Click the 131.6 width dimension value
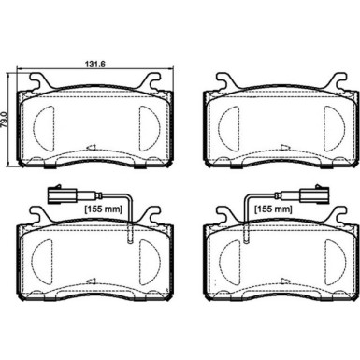click(86, 65)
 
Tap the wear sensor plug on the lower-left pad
click(52, 197)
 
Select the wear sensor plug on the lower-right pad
click(308, 197)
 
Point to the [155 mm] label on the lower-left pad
click(107, 209)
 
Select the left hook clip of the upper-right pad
click(218, 82)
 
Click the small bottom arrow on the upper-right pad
click(277, 148)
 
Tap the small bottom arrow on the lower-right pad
click(277, 281)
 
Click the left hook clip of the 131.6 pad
click(34, 82)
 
